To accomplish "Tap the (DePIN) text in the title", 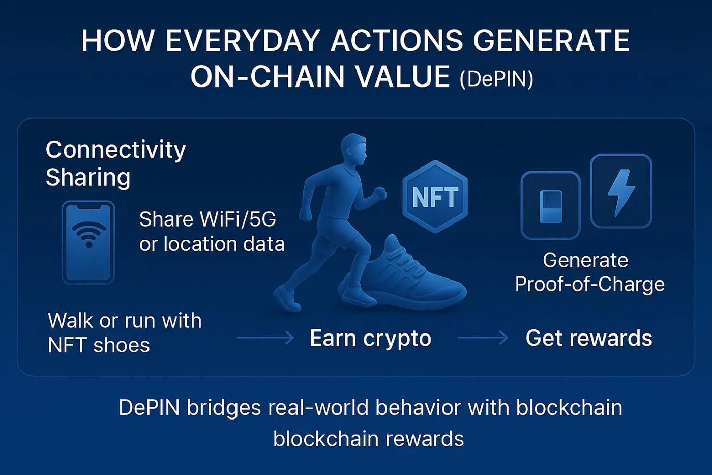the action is coord(496,79).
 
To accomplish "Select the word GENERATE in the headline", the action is coord(551,41).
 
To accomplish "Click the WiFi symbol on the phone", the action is coord(88,235).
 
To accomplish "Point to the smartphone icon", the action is coord(88,242).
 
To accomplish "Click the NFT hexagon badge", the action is coord(435,197).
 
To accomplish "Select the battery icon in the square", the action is coord(551,206).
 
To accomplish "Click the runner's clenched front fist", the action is coord(379,193).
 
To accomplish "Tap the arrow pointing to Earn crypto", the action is coord(265,338).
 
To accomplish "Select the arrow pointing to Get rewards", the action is coord(483,338).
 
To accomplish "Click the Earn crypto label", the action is coord(370,339).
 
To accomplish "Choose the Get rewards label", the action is coord(589,338).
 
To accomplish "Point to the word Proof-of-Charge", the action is coord(589,284).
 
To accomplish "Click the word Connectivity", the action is coord(116,150).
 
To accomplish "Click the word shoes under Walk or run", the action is coord(122,345).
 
